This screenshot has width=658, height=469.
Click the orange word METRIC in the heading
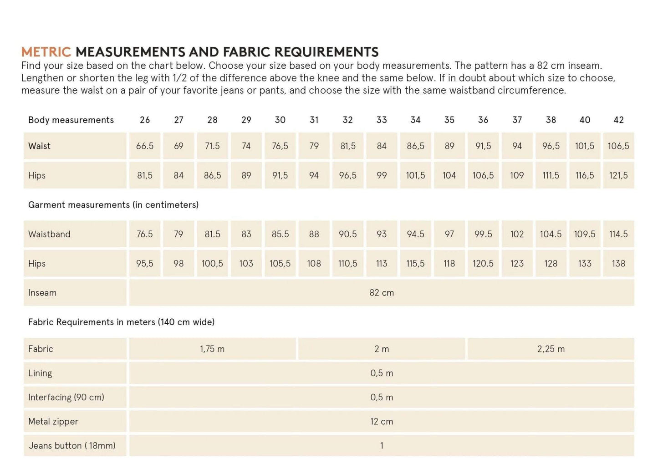point(46,52)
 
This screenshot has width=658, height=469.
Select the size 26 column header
point(145,120)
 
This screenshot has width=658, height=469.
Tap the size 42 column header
point(618,120)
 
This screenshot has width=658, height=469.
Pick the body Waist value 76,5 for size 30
point(280,146)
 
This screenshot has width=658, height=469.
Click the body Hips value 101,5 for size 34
point(415,175)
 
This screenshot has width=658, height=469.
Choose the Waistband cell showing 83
point(246,234)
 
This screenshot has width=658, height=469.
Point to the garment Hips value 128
point(551,263)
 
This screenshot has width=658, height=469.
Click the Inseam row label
point(42,293)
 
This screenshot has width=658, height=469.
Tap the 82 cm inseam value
point(382,293)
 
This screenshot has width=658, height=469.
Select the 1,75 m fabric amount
point(212,349)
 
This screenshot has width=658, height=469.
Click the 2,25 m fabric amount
point(551,349)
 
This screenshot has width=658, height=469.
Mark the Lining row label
point(40,373)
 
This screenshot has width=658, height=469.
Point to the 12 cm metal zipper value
point(382,422)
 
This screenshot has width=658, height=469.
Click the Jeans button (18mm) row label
point(72,446)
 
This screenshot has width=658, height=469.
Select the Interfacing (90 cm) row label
point(66,398)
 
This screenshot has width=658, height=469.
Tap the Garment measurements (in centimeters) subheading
point(113,205)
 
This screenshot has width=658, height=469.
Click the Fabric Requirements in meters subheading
point(121,322)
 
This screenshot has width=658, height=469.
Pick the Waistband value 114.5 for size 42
point(618,234)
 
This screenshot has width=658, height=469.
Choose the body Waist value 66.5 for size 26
point(145,146)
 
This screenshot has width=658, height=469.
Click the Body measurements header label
point(71,120)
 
